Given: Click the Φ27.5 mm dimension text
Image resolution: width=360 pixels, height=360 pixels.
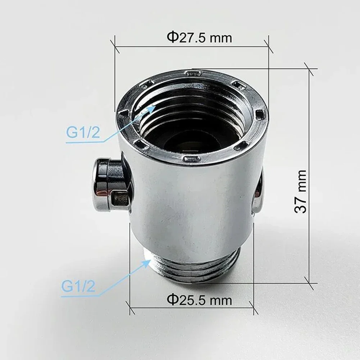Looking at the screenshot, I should (199, 37).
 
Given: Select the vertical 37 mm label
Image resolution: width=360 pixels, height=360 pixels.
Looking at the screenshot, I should (301, 191).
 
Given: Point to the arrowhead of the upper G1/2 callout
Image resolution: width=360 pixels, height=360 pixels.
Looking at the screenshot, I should (154, 107).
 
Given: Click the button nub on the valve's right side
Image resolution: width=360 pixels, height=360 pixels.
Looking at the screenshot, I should (258, 191).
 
